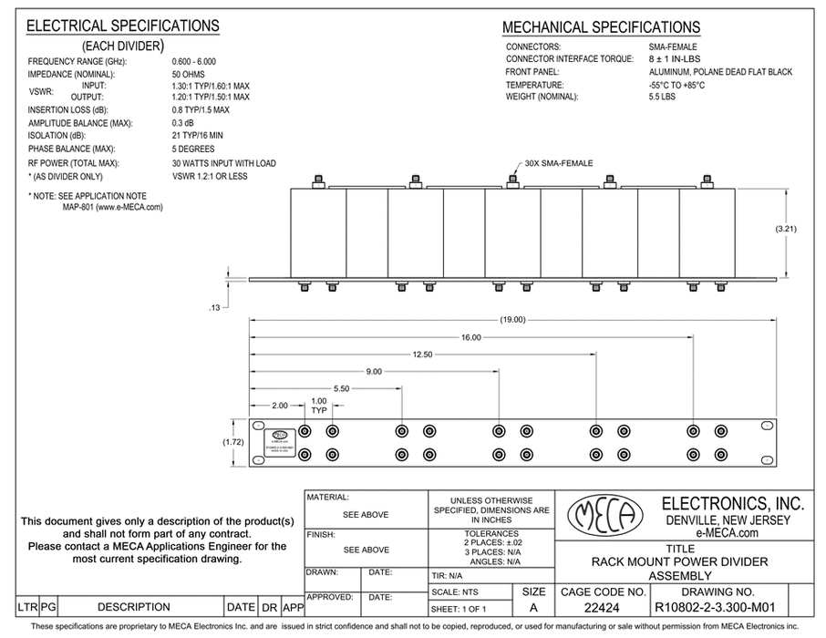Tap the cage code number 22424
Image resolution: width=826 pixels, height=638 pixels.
[x=598, y=607]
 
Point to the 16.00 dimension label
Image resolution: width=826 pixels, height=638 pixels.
[x=470, y=338]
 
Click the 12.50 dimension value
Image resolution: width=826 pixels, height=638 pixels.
[x=421, y=355]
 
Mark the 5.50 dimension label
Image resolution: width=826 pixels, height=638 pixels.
[x=341, y=389]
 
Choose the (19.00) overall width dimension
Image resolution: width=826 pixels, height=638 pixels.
[x=512, y=320]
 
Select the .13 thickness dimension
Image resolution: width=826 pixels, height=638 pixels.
[x=215, y=308]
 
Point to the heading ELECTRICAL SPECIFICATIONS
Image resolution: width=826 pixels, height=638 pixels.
[x=123, y=26]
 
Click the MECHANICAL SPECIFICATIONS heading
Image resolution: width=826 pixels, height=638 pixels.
[x=602, y=27]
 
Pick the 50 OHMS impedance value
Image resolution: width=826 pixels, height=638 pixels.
[x=189, y=74]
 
